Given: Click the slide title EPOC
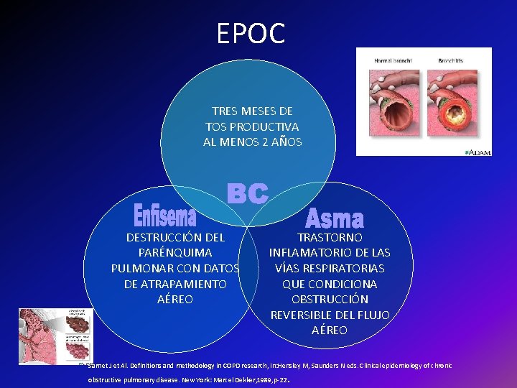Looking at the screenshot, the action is [251, 33].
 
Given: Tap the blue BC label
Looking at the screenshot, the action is [248, 193].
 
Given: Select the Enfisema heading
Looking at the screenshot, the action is [165, 213].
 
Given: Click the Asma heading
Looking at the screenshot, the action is [334, 217].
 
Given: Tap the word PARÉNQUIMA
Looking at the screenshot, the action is [175, 253].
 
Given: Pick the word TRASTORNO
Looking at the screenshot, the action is [330, 237].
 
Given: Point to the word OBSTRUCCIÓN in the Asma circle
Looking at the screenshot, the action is [330, 300].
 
